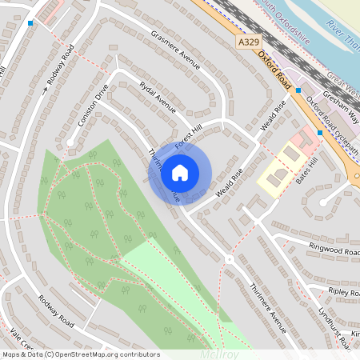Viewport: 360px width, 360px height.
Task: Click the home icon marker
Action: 180,172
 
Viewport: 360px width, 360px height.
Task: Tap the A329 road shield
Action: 248,39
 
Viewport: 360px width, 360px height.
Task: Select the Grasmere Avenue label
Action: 174,49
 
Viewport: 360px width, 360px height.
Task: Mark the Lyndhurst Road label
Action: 334,327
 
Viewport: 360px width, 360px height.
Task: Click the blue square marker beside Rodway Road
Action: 30,23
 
